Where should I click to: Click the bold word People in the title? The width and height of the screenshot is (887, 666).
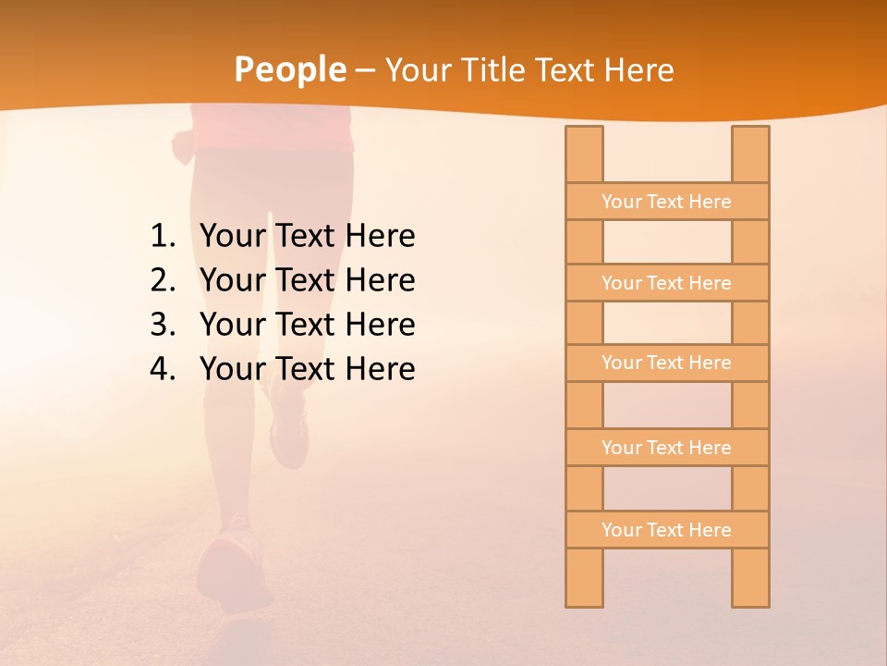(x=290, y=69)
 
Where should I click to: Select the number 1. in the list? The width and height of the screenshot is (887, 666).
(x=163, y=237)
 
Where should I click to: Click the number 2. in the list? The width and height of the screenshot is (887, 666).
(x=163, y=280)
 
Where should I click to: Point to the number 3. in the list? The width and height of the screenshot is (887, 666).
(x=163, y=325)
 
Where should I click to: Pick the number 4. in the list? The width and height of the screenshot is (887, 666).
(x=163, y=369)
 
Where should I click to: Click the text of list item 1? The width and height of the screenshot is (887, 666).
(x=307, y=237)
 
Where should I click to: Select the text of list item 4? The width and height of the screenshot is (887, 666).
(x=307, y=369)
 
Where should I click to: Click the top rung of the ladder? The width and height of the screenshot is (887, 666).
(x=666, y=202)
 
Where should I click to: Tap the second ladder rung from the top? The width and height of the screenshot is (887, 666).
(x=666, y=283)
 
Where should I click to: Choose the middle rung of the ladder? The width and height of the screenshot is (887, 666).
(x=666, y=363)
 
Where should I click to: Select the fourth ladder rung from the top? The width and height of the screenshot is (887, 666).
(x=666, y=448)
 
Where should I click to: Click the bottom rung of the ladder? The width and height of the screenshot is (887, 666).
(x=666, y=530)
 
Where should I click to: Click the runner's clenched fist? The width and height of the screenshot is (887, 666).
(x=183, y=143)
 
